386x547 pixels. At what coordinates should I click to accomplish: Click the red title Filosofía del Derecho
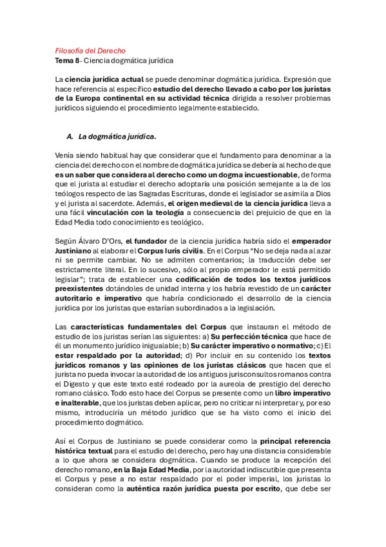tap(90, 50)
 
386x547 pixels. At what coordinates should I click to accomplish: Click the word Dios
tap(322, 194)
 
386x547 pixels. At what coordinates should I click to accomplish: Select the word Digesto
tap(71, 377)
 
